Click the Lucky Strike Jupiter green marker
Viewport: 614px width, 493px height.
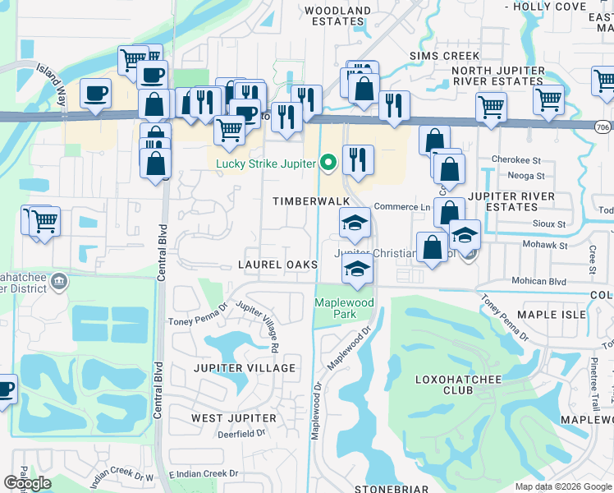point(328,164)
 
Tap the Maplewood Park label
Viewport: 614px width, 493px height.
point(344,309)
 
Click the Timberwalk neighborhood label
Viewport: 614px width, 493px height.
point(312,201)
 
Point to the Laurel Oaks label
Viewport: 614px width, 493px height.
point(277,265)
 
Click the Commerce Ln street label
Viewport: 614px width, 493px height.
point(402,207)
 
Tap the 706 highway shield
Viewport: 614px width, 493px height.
point(603,126)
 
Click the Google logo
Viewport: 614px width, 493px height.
point(27,482)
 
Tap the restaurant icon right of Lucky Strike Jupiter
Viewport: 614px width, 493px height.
point(357,159)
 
